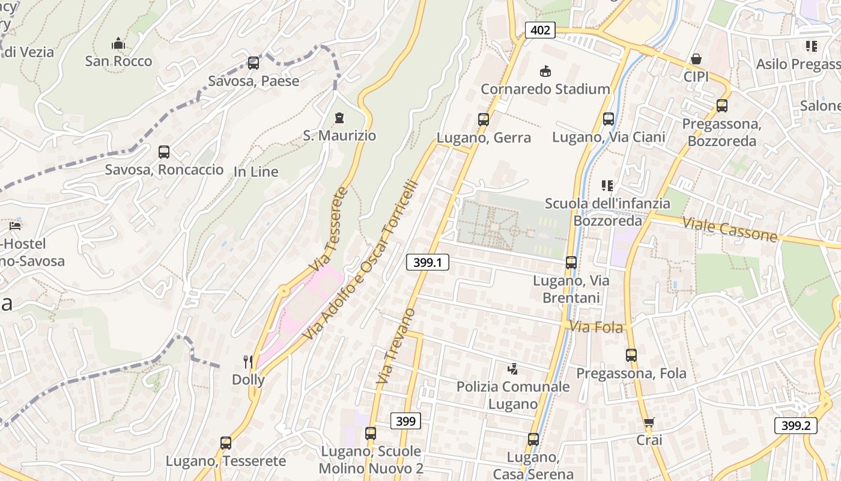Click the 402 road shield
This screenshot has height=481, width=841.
pyautogui.click(x=540, y=29)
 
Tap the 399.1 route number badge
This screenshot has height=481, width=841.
pyautogui.click(x=428, y=262)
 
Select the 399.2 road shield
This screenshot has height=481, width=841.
pyautogui.click(x=796, y=426)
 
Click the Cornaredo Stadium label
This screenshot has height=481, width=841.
pyautogui.click(x=545, y=90)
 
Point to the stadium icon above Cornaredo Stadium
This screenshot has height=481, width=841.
pyautogui.click(x=545, y=71)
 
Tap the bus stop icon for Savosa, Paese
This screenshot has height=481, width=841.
pyautogui.click(x=254, y=63)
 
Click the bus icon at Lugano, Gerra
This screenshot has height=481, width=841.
pyautogui.click(x=484, y=119)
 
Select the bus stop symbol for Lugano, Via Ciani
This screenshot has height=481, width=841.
pyautogui.click(x=609, y=118)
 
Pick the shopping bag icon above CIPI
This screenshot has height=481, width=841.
pyautogui.click(x=696, y=59)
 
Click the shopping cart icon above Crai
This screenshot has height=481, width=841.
pyautogui.click(x=649, y=422)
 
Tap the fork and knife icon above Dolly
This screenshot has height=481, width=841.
pyautogui.click(x=248, y=361)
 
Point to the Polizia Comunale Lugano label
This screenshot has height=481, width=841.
pyautogui.click(x=513, y=395)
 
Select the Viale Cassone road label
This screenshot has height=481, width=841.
pyautogui.click(x=729, y=229)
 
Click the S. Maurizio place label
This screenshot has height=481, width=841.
pyautogui.click(x=339, y=136)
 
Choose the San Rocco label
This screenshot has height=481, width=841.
pyautogui.click(x=118, y=61)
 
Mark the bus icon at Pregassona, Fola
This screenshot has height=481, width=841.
pyautogui.click(x=631, y=355)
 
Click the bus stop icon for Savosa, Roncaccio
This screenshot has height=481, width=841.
pyautogui.click(x=164, y=152)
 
